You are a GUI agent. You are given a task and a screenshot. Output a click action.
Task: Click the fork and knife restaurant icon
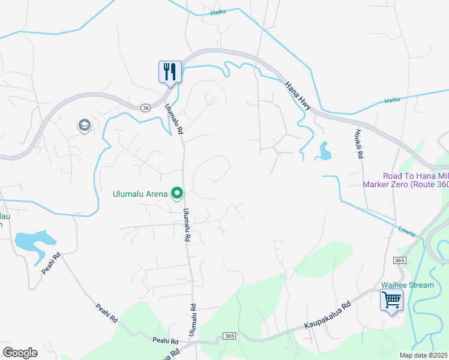(x=169, y=72)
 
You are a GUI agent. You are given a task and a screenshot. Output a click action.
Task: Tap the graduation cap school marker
(x=84, y=125)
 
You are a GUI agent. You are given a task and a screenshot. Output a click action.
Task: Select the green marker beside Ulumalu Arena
(x=177, y=193)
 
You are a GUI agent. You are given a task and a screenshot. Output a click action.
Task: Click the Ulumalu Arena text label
(x=140, y=194)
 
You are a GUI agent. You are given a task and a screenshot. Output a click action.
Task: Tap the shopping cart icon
(x=391, y=299)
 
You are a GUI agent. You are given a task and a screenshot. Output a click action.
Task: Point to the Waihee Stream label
(x=408, y=285)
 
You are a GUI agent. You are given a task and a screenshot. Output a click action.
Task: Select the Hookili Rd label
(x=360, y=144)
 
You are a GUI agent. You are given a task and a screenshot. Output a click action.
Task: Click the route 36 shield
(x=146, y=107)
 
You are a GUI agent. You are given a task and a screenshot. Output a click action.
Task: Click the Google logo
(x=20, y=352)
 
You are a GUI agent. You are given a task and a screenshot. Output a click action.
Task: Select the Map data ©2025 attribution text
(x=424, y=355)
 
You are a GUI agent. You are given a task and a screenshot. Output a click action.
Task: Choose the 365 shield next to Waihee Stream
(x=400, y=260)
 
